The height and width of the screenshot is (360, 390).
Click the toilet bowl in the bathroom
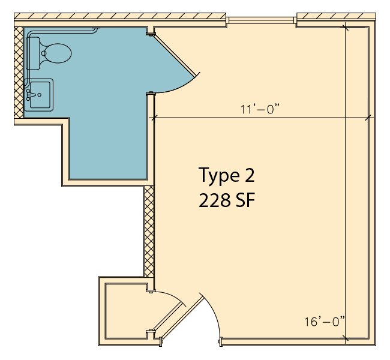coord(57,53)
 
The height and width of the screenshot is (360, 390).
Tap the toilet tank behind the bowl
coord(33,53)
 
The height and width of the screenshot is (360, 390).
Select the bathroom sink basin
coord(40,95)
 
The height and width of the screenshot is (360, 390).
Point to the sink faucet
coord(29,95)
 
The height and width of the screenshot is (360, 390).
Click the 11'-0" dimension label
coord(260,109)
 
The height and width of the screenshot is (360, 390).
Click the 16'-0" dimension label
coord(325,322)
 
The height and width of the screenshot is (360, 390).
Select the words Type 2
coord(227,175)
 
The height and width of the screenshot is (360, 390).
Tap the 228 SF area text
coord(227,200)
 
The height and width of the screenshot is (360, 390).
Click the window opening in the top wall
coord(261,20)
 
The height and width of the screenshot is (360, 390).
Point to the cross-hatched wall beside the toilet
coord(19,73)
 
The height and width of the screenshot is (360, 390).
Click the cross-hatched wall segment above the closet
coord(149,232)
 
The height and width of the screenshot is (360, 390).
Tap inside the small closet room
coord(125,311)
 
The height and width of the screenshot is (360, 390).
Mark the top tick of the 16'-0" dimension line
coord(346,28)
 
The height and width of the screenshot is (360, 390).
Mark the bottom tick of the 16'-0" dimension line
coord(346,338)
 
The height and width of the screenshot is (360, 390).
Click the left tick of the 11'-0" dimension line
coord(154,118)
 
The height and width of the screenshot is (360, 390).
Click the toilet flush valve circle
coord(44,53)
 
